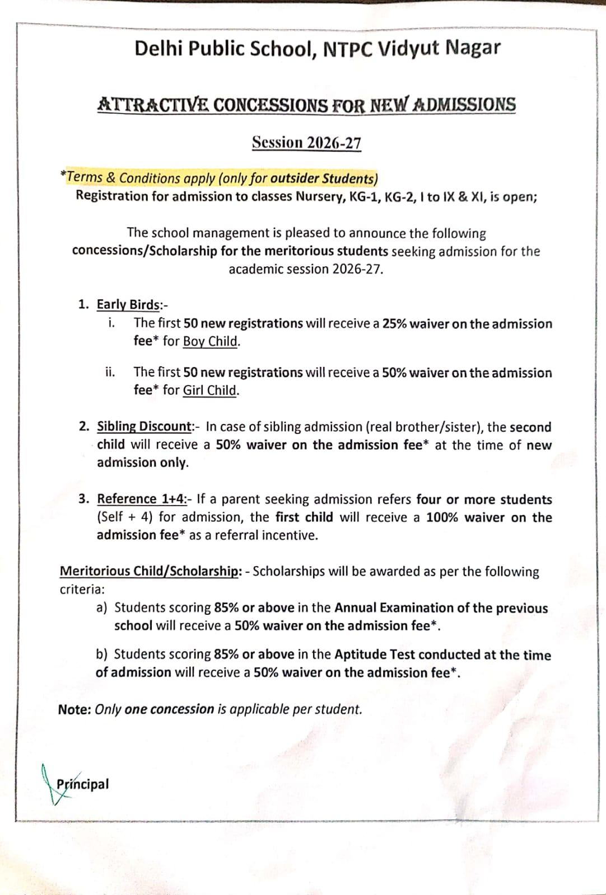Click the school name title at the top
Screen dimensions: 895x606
pos(317,49)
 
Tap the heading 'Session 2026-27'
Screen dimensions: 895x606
pos(306,143)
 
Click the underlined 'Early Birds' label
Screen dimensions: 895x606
pos(128,304)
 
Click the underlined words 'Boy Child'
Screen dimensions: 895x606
pos(211,341)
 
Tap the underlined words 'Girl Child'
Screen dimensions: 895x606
pos(210,390)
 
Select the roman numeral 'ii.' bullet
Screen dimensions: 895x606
pos(110,372)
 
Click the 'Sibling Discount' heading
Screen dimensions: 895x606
pos(144,426)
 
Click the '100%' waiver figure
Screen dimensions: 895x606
pos(442,517)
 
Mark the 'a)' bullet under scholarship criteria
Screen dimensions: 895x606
pos(102,607)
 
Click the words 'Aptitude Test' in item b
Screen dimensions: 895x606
pos(374,654)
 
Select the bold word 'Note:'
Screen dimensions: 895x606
pos(74,709)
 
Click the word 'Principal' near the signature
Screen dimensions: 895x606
pos(82,784)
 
